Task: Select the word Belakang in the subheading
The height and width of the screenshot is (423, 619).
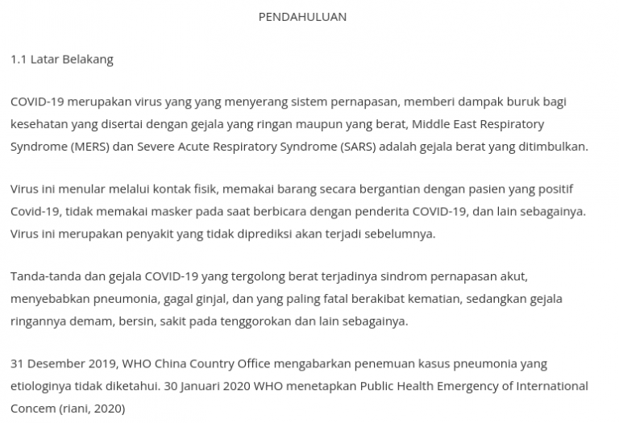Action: coord(89,60)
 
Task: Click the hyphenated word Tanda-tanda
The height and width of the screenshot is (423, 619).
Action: coord(43,277)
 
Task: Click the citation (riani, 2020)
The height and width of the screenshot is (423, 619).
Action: coord(91,408)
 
